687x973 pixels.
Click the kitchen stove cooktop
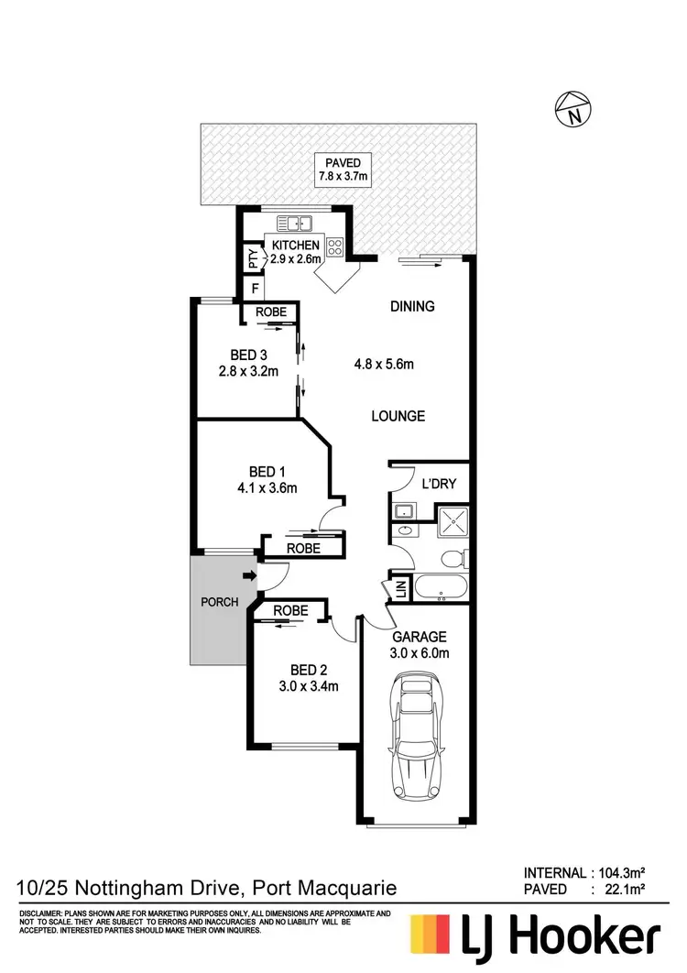pos(334,246)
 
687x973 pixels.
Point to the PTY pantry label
pos(252,260)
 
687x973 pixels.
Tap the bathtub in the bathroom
pos(441,587)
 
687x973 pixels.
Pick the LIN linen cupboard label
pos(399,590)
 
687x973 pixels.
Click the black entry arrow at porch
pos(249,576)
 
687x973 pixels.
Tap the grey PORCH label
pos(219,602)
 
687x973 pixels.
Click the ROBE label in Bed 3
pos(270,312)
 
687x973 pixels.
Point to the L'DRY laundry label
pos(438,484)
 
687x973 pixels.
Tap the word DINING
pos(411,306)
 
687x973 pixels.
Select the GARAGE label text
pos(419,637)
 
